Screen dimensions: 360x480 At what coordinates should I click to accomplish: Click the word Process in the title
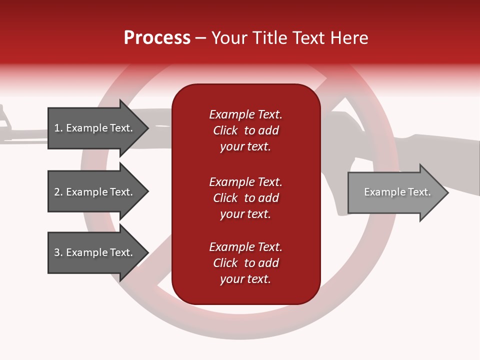point(157,38)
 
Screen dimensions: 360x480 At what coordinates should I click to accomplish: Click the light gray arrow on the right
point(397,192)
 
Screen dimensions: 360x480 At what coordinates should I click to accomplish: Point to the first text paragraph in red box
point(245,130)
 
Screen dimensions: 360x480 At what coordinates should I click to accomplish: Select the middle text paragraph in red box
point(245,198)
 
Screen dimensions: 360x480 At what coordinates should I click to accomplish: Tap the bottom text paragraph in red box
point(245,263)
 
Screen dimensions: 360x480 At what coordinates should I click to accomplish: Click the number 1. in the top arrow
point(58,128)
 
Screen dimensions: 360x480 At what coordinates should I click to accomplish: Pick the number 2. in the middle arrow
point(58,192)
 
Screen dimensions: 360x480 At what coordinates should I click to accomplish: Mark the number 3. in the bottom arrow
point(58,252)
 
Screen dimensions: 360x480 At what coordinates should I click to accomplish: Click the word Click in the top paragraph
point(225,130)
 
